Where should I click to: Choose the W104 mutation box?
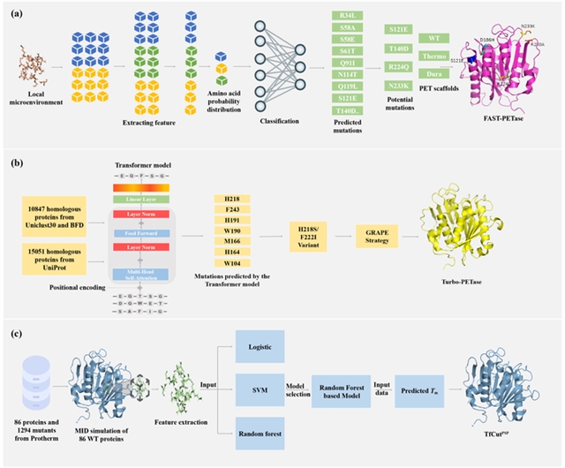tap(229, 264)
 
